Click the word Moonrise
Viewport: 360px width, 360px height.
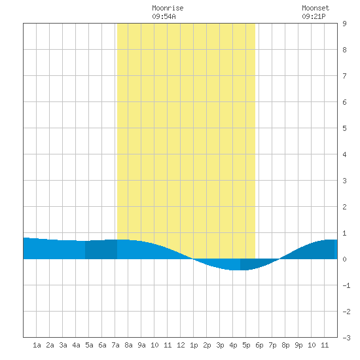coord(168,8)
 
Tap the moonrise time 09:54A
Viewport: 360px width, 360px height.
coord(164,16)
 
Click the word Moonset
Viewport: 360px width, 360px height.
coord(315,8)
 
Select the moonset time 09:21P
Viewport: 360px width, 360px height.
coord(314,16)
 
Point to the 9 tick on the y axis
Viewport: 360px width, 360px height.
coord(344,24)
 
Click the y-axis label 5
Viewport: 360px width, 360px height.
coord(344,128)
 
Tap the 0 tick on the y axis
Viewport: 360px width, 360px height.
coord(344,259)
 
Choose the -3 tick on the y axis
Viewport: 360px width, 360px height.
coord(346,338)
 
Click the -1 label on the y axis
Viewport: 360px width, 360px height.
coord(346,285)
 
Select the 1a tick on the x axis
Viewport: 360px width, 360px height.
coord(37,345)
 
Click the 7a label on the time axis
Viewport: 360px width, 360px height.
coord(115,345)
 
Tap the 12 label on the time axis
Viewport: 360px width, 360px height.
coord(181,345)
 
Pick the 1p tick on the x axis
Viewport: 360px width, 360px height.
coord(194,345)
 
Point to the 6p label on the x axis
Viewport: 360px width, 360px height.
coord(259,345)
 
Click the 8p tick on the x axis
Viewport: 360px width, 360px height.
coord(285,345)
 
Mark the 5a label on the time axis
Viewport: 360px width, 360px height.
coord(89,345)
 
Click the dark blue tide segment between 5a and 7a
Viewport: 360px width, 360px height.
coord(101,249)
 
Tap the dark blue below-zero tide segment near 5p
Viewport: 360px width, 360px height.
coord(254,263)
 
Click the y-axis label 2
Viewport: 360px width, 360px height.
coord(344,207)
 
